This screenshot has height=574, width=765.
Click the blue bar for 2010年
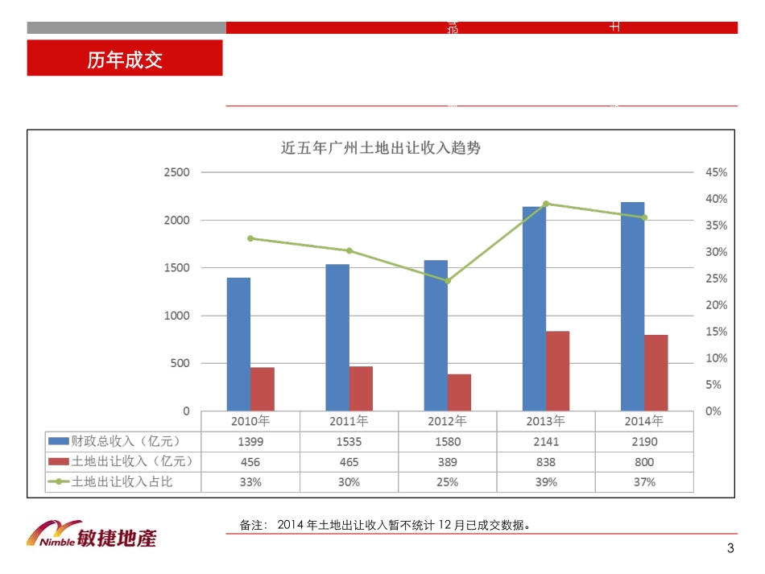click(x=238, y=345)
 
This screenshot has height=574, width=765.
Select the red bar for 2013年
click(x=557, y=371)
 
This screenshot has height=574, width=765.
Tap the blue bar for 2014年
click(x=632, y=307)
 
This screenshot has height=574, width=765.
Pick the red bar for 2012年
click(x=459, y=392)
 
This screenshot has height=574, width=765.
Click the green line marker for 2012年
click(x=448, y=281)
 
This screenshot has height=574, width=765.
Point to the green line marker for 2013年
click(x=546, y=204)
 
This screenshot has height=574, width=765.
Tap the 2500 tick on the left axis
click(x=177, y=172)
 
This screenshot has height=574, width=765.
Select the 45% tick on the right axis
click(x=716, y=172)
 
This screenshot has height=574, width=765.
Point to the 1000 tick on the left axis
click(x=177, y=316)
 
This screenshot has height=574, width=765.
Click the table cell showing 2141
click(x=546, y=441)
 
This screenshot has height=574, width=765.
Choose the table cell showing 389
click(x=448, y=462)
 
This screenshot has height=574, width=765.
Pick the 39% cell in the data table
click(x=546, y=482)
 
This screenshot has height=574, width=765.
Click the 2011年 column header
click(x=349, y=420)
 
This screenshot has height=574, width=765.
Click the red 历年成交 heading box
click(x=125, y=60)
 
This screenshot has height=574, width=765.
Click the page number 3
click(x=730, y=549)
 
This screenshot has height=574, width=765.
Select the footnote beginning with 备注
click(x=385, y=525)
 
